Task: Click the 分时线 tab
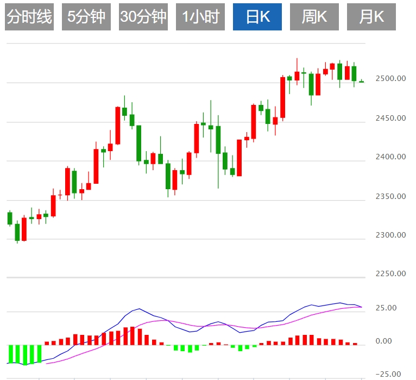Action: coord(29,17)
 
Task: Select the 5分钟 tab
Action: coord(86,17)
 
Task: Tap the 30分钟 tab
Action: coord(143,17)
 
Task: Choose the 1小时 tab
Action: coord(200,17)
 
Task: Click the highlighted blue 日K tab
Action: coord(257,17)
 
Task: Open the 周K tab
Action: coord(314,17)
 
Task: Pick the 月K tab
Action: coord(371,17)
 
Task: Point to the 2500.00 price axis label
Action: coord(390,78)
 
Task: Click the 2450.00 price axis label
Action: coord(390,117)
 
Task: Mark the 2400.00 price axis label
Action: coord(390,157)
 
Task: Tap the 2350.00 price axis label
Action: coord(390,196)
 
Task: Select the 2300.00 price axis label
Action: coord(390,235)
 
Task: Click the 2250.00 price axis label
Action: coord(390,274)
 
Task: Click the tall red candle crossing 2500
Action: coord(283,97)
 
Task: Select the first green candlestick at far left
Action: coord(10,218)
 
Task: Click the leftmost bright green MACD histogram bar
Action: coord(10,353)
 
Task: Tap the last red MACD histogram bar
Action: coord(355,344)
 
